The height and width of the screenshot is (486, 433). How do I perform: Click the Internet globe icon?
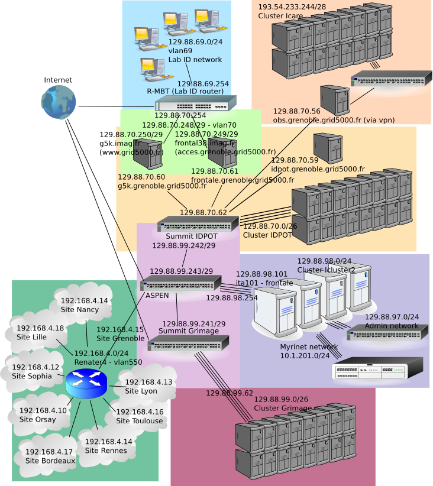coord(59,102)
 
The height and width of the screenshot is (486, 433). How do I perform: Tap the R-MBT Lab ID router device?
coord(195,103)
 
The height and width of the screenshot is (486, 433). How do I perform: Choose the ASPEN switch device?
coord(180,283)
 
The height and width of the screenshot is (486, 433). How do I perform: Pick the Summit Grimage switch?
coord(189,343)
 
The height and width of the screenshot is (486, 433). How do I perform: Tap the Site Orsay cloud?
coord(37,415)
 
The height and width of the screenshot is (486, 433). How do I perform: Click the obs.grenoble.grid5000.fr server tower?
coord(335,100)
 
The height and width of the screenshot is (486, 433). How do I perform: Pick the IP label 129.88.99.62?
coord(229,393)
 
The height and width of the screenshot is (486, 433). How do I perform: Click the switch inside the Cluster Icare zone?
coord(391,78)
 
